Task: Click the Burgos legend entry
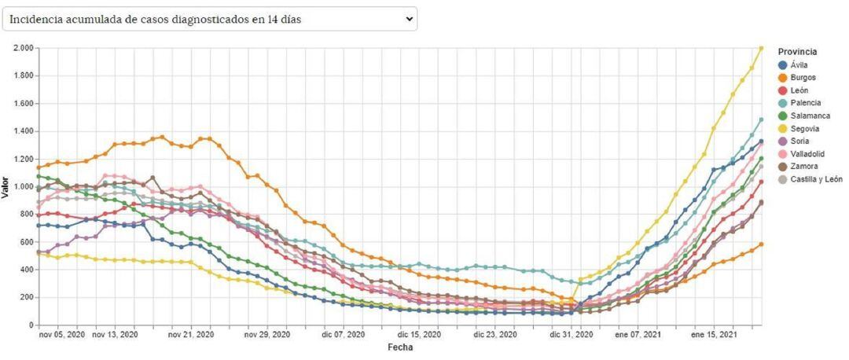pos(803,78)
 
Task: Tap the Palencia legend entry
pos(804,103)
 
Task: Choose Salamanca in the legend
pos(807,116)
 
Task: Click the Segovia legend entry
pos(804,128)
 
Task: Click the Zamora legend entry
pos(803,166)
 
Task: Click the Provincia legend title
pos(797,52)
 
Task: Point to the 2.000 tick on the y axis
pos(22,48)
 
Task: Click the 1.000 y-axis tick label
pos(22,186)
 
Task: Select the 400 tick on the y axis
pos(26,270)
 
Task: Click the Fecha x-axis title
pos(400,347)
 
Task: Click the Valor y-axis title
pos(6,186)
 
